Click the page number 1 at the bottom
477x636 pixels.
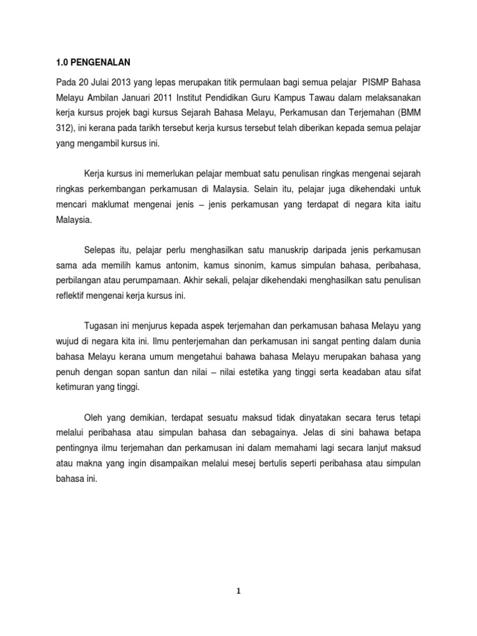[238, 591]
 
